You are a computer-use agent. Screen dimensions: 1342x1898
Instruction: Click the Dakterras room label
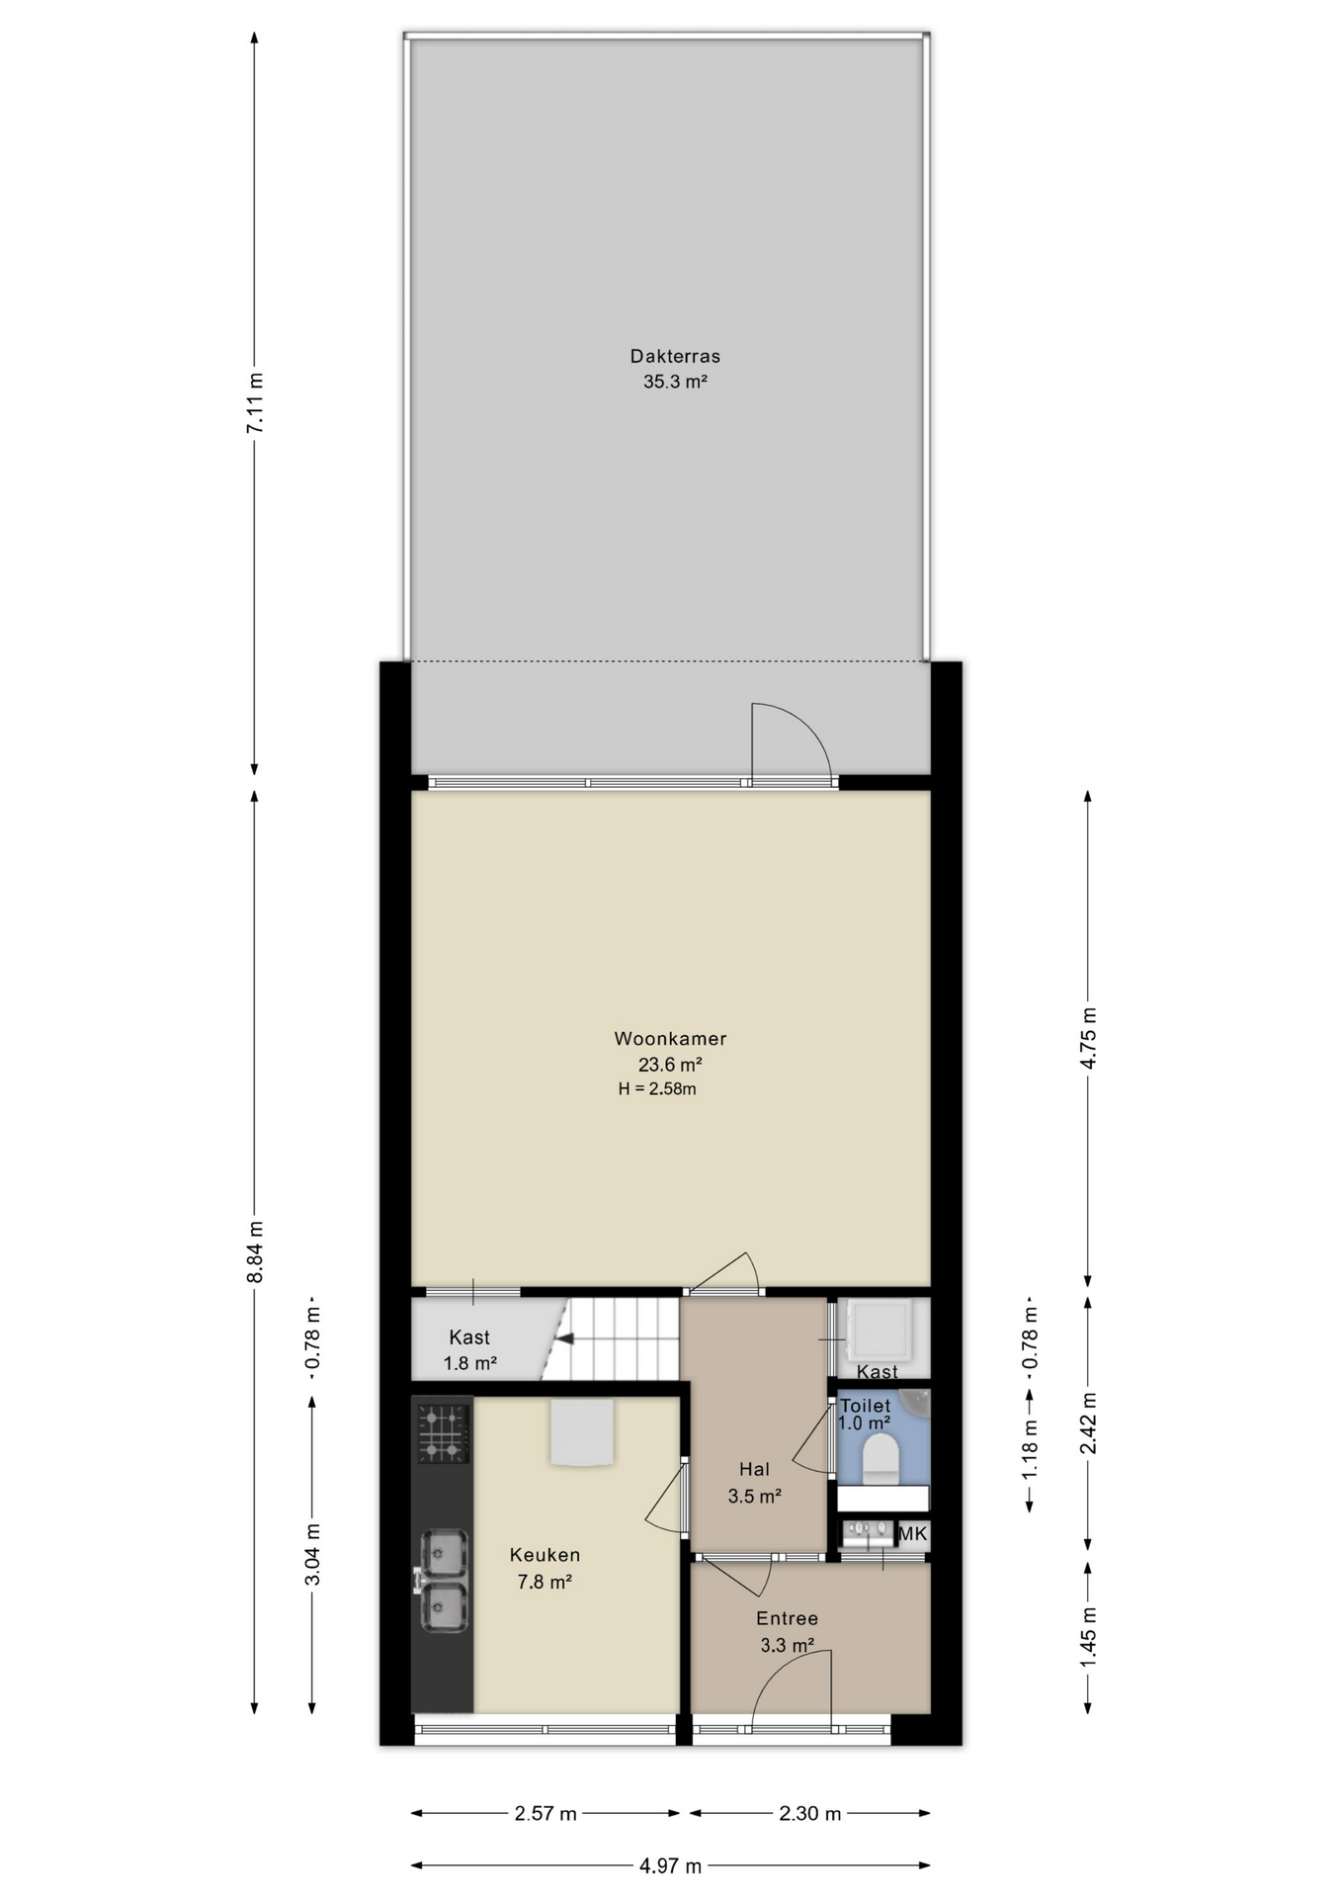(x=675, y=356)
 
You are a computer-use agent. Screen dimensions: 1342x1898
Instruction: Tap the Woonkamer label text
(x=670, y=1038)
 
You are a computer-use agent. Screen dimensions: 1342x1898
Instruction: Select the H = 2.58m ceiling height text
(x=657, y=1089)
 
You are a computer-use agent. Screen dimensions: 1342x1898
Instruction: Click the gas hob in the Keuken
(x=442, y=1432)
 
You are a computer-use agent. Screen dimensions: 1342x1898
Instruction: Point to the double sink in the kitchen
(x=444, y=1581)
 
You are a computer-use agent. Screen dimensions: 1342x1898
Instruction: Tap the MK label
(x=913, y=1533)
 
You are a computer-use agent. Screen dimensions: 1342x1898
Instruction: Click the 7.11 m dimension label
(x=255, y=402)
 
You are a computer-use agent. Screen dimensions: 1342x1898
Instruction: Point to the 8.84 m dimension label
(x=255, y=1251)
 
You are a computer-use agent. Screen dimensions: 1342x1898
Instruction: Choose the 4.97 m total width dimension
(x=670, y=1865)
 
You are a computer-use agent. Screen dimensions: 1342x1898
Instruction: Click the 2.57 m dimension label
(x=545, y=1813)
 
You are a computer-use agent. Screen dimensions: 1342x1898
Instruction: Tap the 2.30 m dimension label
(x=810, y=1813)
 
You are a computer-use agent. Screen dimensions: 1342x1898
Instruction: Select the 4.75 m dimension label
(x=1089, y=1038)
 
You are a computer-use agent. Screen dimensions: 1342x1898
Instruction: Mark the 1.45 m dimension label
(x=1089, y=1636)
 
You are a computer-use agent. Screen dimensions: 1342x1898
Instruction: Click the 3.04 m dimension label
(x=312, y=1554)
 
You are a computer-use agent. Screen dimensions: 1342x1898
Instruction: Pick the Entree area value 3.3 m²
(x=787, y=1645)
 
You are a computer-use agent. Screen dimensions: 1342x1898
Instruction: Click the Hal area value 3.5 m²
(x=755, y=1496)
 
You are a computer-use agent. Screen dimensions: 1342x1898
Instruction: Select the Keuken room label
(x=545, y=1555)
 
